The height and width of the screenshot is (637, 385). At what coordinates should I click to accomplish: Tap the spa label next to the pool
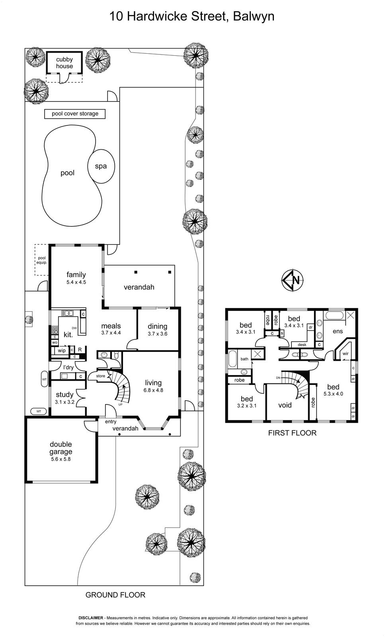101,166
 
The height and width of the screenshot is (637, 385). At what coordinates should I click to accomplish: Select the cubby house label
64,63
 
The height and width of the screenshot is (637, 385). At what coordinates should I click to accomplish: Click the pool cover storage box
75,114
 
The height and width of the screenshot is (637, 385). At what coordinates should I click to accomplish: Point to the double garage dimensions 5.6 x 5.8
61,459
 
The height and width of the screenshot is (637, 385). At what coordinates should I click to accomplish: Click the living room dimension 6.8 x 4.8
153,390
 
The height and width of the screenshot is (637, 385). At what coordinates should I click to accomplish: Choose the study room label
64,395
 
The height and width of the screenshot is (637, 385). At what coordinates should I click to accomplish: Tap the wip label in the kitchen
62,351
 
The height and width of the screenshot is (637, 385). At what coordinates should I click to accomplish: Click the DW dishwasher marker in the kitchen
74,328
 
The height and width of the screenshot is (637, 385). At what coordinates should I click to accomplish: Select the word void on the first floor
285,405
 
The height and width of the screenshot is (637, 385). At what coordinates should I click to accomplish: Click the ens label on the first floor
338,331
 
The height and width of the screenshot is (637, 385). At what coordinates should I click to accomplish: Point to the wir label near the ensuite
346,354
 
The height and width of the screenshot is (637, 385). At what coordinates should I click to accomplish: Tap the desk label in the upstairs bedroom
302,345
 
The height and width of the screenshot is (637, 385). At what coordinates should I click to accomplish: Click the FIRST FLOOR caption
292,433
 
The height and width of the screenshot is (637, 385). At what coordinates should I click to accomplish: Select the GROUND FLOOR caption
115,595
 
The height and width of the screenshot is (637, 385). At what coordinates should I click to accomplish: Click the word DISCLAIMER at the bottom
91,618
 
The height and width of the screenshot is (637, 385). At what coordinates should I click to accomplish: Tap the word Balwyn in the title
254,16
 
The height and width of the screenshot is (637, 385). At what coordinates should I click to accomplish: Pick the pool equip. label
41,260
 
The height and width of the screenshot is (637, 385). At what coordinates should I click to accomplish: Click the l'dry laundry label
68,367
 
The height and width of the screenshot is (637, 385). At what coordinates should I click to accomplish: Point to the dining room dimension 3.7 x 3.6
157,334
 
